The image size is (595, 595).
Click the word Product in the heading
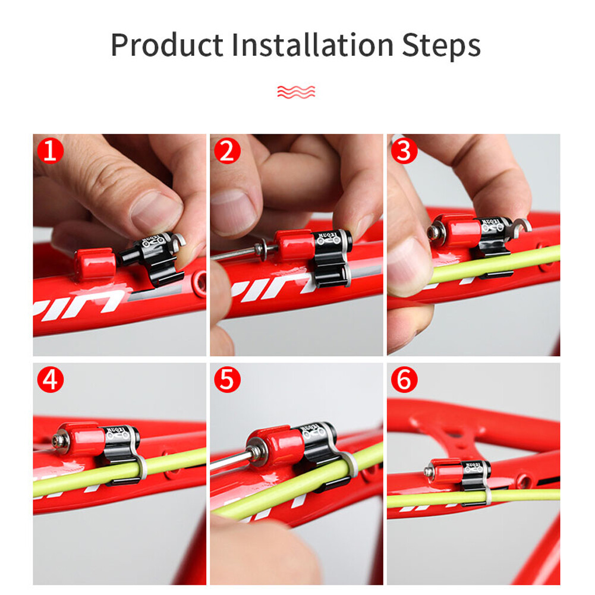[x=167, y=46]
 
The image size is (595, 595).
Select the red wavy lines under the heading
[x=296, y=92]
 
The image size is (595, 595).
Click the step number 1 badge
[x=50, y=151]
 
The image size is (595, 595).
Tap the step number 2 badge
[x=226, y=151]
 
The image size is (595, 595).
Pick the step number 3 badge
[x=404, y=151]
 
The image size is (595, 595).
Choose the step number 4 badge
[x=50, y=380]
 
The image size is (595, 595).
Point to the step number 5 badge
[x=226, y=380]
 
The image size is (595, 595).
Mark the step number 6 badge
[x=404, y=380]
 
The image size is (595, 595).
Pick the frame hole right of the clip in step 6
[x=524, y=481]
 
